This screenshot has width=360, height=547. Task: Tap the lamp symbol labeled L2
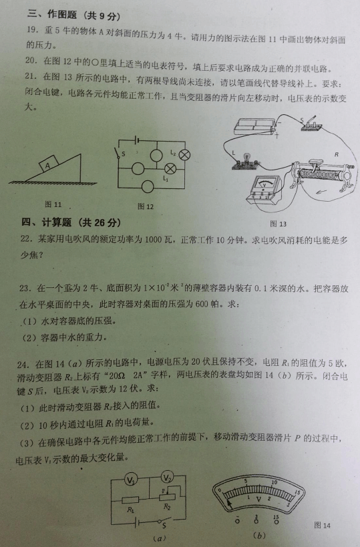coord(184,154)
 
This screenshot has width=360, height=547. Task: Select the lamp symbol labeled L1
coord(170,168)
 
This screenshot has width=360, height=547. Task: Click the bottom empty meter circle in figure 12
coord(148,187)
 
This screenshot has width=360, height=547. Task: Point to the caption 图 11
coord(53,204)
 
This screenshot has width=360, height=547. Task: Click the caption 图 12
coord(146,206)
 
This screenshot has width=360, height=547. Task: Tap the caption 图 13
coord(278,224)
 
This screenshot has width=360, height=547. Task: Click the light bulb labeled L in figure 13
coord(245,160)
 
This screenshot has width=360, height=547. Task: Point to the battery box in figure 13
coord(255,126)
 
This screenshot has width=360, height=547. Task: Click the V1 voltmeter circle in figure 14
coord(130,480)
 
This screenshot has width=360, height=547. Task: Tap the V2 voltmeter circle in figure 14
coord(168,478)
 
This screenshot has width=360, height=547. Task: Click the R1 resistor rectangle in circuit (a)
coord(130,500)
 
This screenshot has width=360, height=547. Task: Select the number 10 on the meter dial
coord(274,482)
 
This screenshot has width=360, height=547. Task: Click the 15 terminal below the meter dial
coord(277,520)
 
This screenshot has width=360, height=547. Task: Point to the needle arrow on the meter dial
coord(228,503)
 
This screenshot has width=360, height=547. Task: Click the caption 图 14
coord(322,525)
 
